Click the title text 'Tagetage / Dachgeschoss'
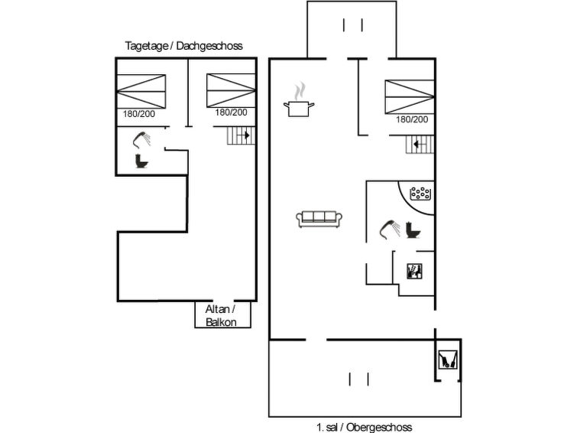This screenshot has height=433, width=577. coord(183,46)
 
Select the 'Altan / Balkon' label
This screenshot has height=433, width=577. coord(221,315)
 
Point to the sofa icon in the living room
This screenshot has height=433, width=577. coord(319,219)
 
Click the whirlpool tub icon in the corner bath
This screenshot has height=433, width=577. coord(421,194)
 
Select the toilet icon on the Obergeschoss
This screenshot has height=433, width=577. coord(413,230)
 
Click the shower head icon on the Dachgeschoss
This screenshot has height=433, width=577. coord(142,140)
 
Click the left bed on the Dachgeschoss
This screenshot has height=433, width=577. coord(141,90)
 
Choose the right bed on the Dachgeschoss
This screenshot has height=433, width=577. coord(231,90)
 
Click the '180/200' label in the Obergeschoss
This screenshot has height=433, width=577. coord(412,119)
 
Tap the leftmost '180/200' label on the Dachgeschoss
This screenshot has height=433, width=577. coord(139,113)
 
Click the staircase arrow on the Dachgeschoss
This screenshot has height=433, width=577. coord(244,136)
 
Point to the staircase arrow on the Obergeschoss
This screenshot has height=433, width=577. coord(418,143)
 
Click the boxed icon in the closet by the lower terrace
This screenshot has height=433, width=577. coord(448,360)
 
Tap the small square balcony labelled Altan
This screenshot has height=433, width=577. coord(221,315)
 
